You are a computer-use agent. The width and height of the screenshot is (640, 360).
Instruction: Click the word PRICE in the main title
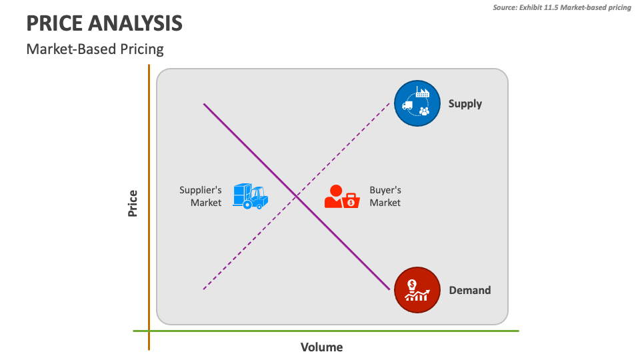[55, 23]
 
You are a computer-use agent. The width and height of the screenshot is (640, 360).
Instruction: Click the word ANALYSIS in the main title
[137, 23]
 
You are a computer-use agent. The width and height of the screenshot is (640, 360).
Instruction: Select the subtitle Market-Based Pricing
[95, 49]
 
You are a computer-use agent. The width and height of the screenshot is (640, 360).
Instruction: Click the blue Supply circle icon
[417, 103]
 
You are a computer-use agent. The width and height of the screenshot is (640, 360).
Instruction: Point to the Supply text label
[465, 103]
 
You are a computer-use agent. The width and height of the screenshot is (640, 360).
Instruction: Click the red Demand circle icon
[417, 290]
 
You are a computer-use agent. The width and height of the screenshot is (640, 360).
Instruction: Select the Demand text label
[469, 290]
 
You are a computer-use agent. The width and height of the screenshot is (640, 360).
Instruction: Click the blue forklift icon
[250, 196]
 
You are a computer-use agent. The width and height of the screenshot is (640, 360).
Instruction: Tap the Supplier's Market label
[201, 196]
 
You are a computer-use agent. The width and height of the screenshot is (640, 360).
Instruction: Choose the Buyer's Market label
[385, 196]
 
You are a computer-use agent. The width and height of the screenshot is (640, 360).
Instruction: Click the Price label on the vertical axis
[133, 203]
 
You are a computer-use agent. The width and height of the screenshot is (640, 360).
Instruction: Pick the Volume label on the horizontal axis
[321, 347]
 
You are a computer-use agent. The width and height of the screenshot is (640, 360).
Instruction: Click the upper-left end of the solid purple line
[204, 103]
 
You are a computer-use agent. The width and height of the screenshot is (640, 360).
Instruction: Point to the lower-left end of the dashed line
[204, 289]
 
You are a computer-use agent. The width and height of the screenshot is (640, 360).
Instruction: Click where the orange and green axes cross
[149, 331]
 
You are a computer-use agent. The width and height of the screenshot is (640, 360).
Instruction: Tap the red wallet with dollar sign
[351, 199]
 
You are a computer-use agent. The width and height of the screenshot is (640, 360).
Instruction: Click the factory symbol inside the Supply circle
[423, 93]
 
